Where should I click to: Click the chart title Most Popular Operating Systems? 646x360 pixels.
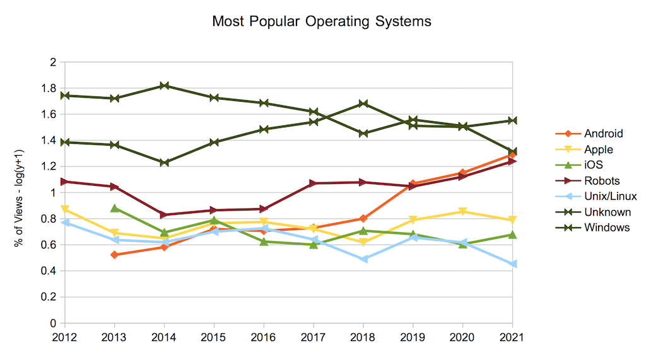pyautogui.click(x=322, y=21)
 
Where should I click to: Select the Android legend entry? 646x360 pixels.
pyautogui.click(x=603, y=133)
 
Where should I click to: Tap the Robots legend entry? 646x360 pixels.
pyautogui.click(x=602, y=180)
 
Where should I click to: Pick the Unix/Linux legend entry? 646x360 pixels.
pyautogui.click(x=610, y=196)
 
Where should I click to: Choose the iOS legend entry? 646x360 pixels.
pyautogui.click(x=594, y=165)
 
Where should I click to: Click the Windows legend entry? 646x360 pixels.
pyautogui.click(x=606, y=228)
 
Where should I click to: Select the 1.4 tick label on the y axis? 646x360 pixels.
pyautogui.click(x=49, y=141)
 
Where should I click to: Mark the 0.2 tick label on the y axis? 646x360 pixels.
pyautogui.click(x=49, y=297)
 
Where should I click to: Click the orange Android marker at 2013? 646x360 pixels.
pyautogui.click(x=115, y=255)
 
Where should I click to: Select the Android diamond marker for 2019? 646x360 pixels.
pyautogui.click(x=413, y=184)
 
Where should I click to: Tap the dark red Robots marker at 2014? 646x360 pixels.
pyautogui.click(x=164, y=215)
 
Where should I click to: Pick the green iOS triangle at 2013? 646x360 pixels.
pyautogui.click(x=115, y=208)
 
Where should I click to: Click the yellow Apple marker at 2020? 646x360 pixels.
pyautogui.click(x=462, y=212)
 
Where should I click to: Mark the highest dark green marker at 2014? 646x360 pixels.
pyautogui.click(x=164, y=86)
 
